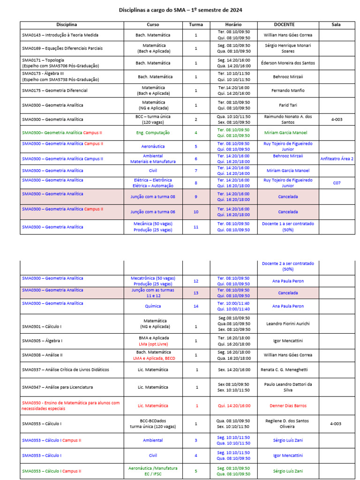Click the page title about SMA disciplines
(180, 10)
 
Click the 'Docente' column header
(288, 24)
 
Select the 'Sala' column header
(336, 24)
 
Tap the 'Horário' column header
(233, 24)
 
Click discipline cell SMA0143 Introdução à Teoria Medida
(60, 35)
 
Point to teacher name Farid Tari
(288, 105)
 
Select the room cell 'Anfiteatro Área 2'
(337, 159)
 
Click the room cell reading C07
(337, 183)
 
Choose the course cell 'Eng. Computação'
(153, 133)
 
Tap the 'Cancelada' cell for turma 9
(288, 197)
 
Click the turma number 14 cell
(196, 306)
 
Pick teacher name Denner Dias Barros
(288, 405)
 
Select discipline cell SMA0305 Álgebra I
(42, 341)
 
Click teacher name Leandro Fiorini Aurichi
(288, 324)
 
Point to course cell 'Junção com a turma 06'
(153, 212)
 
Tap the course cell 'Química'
(153, 306)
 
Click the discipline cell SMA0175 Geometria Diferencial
(55, 90)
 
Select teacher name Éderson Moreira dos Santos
(288, 63)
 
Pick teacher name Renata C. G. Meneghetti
(288, 370)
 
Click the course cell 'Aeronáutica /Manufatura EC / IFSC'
(153, 471)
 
